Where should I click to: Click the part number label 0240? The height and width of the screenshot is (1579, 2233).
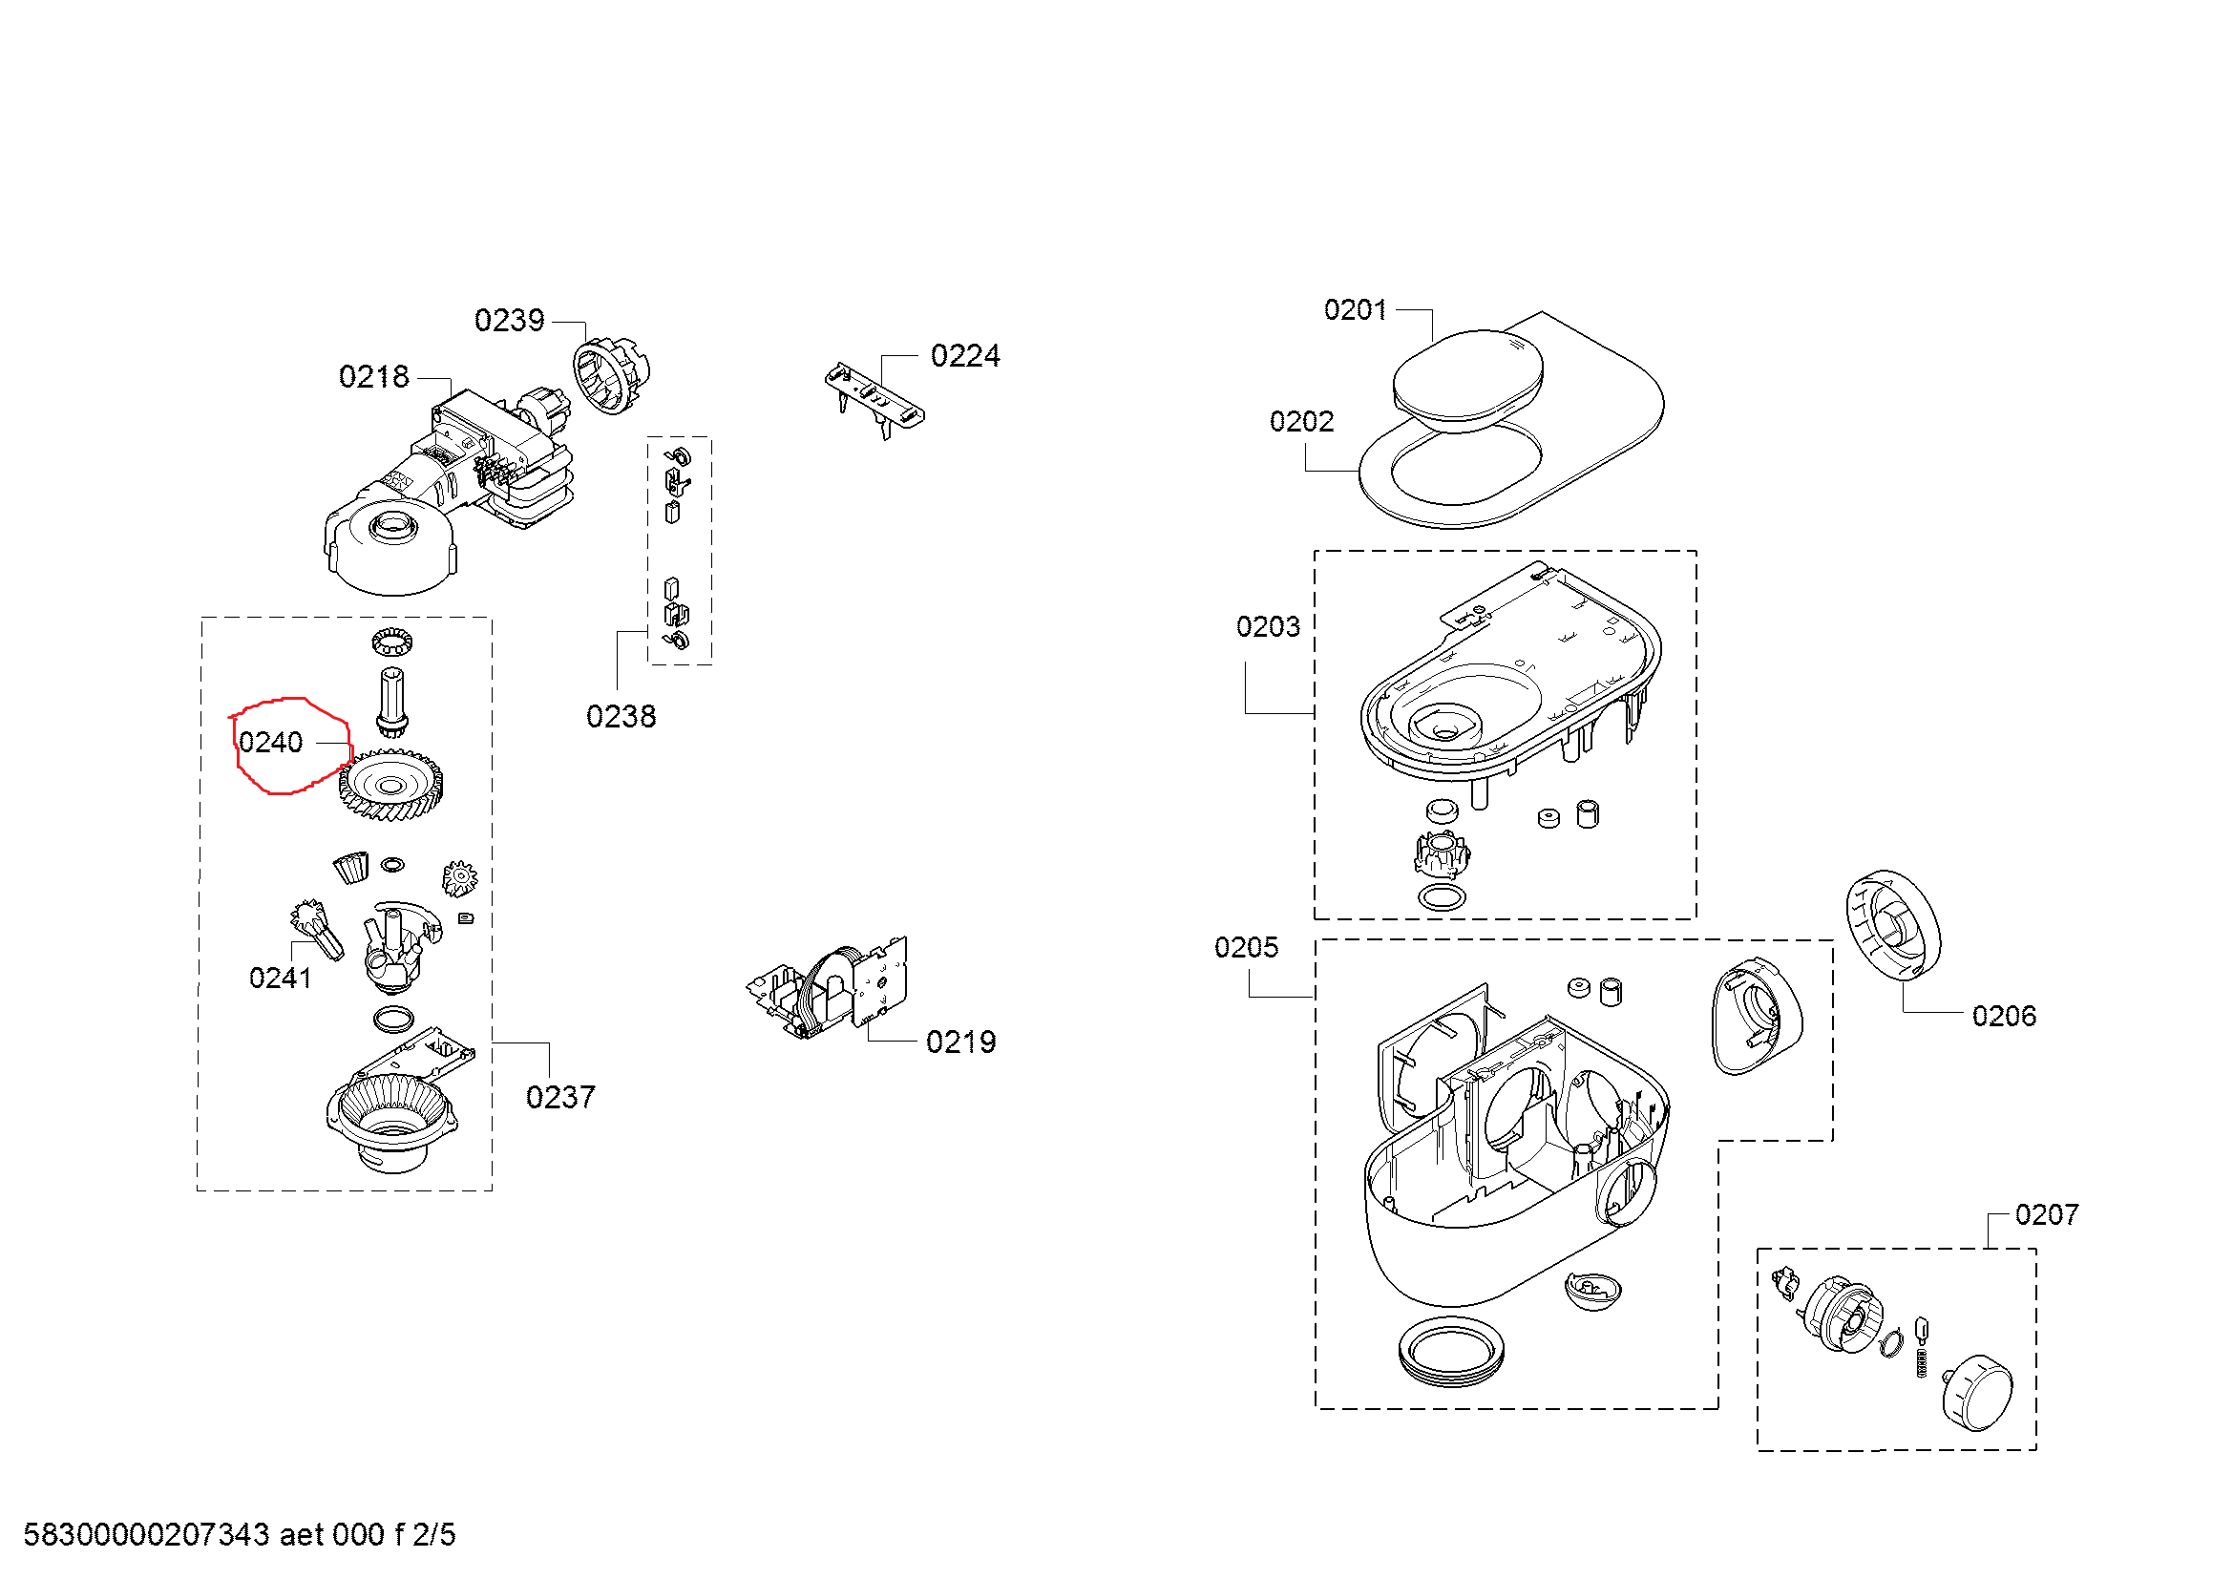(270, 743)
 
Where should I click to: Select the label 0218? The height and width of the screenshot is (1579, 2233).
(373, 376)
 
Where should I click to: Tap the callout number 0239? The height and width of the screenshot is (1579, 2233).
(509, 320)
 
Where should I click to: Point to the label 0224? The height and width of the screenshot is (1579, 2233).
(965, 356)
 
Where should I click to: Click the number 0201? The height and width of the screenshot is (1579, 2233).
(1355, 309)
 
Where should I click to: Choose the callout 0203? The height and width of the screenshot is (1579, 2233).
(1267, 626)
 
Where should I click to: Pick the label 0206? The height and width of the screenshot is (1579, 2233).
(2004, 1016)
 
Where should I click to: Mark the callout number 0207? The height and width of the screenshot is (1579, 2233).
(2046, 1214)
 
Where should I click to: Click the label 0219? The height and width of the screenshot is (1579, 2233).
(959, 1042)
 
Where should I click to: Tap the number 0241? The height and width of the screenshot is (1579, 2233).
(280, 979)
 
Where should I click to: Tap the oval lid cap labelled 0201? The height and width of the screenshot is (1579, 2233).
(1466, 379)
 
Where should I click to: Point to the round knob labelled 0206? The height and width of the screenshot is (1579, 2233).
(1892, 926)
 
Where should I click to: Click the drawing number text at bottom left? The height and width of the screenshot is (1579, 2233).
(240, 1534)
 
